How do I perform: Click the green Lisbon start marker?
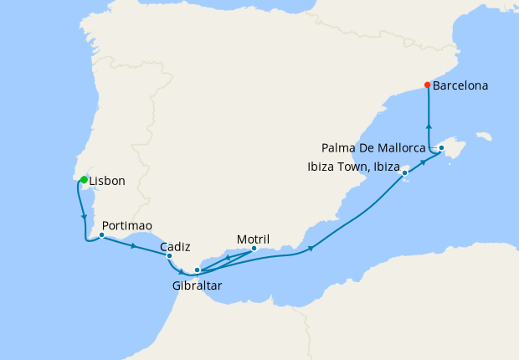coord(84,179)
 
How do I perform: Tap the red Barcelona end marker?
coord(428,85)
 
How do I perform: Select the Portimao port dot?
coord(101,234)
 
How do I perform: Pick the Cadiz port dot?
coord(170,256)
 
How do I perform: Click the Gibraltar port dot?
coord(197,270)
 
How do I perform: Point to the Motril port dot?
coord(254,248)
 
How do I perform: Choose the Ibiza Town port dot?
coord(405,173)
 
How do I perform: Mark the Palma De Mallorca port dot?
coord(441,148)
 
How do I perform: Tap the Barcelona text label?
coord(461,85)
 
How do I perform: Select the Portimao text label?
coord(126,226)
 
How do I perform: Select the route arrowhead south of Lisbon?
coord(85,219)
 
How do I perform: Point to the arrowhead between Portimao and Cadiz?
coord(134,245)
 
